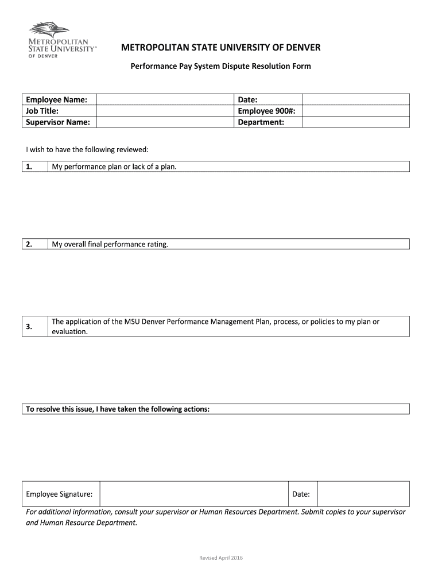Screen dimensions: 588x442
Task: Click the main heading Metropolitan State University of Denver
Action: tap(220, 47)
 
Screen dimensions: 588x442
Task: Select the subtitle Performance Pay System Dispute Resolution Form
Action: tap(220, 66)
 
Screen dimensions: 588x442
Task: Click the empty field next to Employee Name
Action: tap(165, 100)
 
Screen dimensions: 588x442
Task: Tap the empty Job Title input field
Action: tap(165, 111)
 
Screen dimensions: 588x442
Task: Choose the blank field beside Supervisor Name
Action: tap(165, 122)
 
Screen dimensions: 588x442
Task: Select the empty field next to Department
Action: tap(355, 122)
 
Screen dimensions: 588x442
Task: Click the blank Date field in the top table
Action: tap(355, 100)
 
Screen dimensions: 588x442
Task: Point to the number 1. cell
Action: tap(34, 167)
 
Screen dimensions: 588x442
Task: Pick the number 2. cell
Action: tap(34, 244)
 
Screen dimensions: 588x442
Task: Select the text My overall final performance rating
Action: tap(110, 244)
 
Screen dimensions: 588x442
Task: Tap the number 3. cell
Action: tap(34, 326)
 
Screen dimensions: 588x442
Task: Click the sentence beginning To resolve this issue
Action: tap(118, 409)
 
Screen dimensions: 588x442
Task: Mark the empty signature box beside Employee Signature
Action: tap(194, 494)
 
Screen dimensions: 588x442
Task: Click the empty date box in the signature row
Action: tap(363, 494)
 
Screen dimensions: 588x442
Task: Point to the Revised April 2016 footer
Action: tap(220, 558)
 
